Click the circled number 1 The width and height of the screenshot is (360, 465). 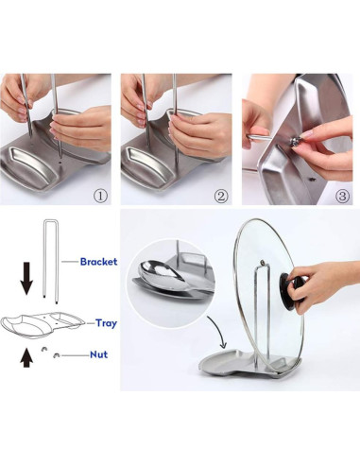pos(100,197)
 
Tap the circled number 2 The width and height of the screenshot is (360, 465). pos(221,197)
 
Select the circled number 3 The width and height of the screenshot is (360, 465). pos(341,197)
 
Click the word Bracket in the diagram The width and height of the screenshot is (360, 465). pos(98,262)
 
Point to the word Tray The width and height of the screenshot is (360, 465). pos(106,323)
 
